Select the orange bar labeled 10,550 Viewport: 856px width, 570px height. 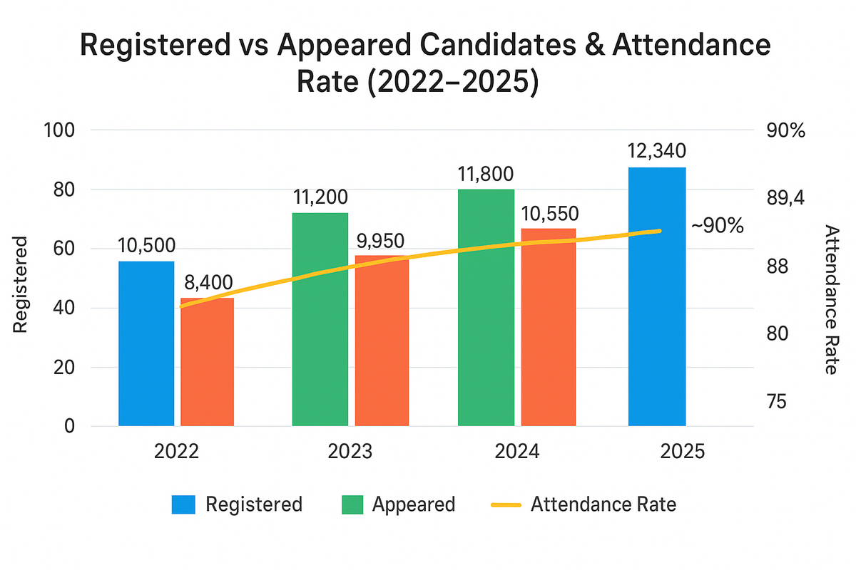pyautogui.click(x=548, y=328)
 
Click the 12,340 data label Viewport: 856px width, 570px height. pyautogui.click(x=657, y=151)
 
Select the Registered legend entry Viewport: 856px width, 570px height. pyautogui.click(x=238, y=504)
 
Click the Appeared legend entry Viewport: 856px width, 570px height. pyautogui.click(x=397, y=504)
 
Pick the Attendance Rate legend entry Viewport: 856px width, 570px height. pyautogui.click(x=584, y=504)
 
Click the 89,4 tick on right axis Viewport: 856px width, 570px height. pyautogui.click(x=786, y=199)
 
